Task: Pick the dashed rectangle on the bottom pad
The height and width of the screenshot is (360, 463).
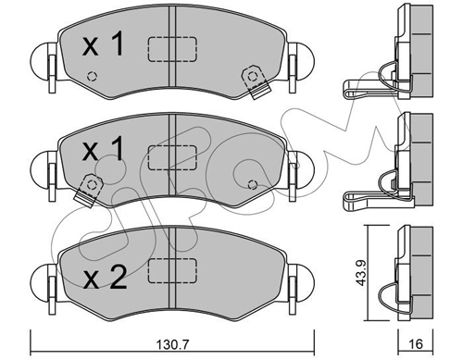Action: tap(173, 269)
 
